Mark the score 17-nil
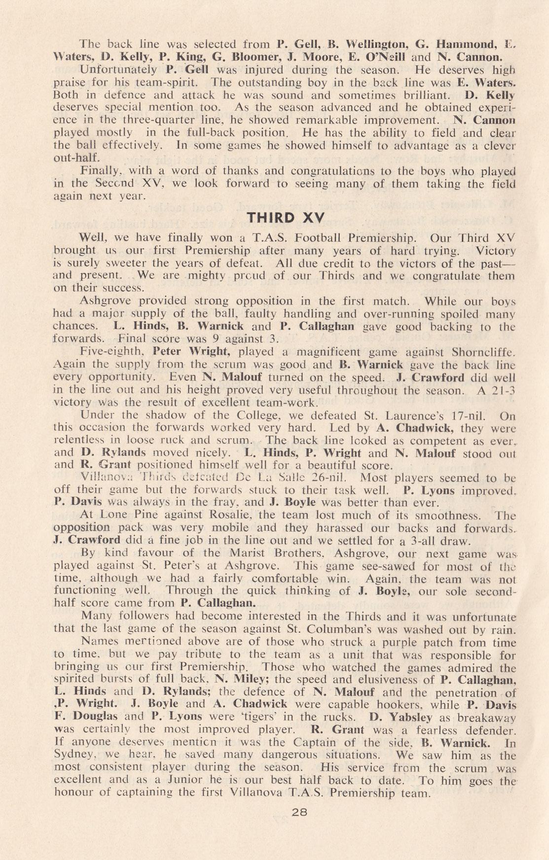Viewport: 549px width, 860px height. point(467,415)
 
